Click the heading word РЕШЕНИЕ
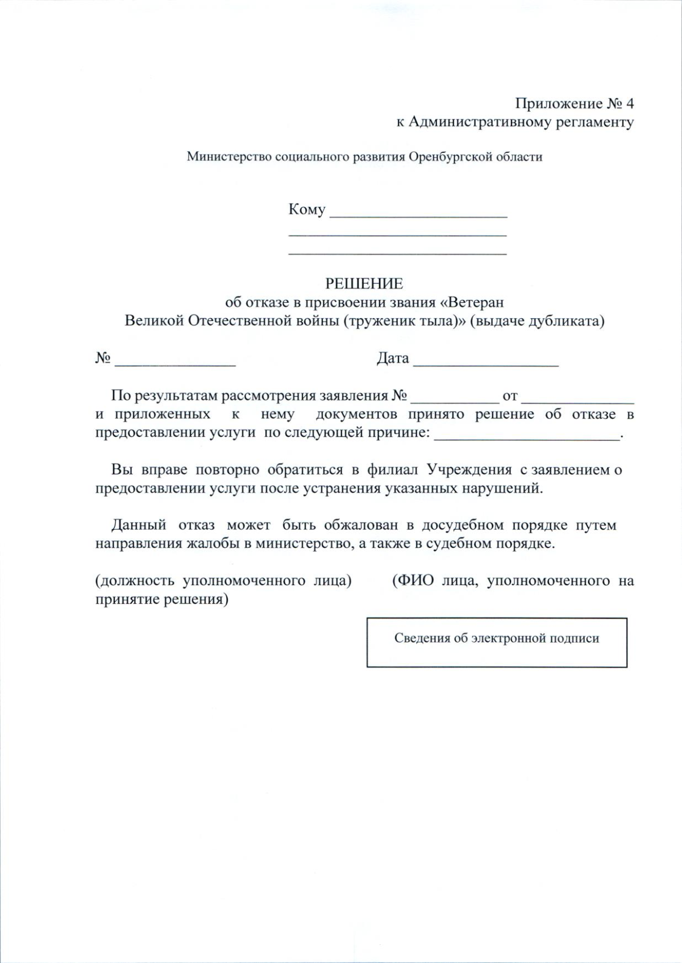364,283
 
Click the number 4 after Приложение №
629,103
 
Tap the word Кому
307,210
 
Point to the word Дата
393,358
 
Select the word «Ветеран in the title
472,302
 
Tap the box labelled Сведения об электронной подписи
497,642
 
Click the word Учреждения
469,470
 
